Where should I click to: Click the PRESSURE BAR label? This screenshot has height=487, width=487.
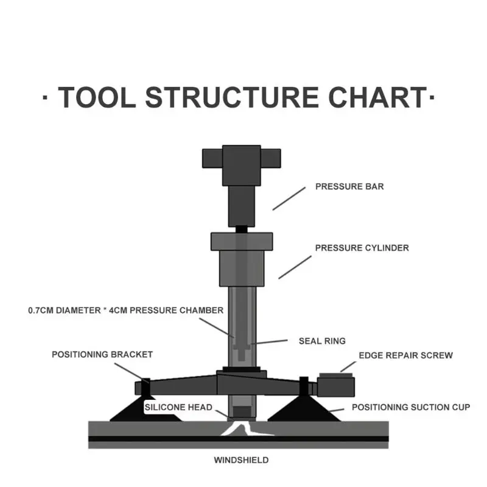click(349, 186)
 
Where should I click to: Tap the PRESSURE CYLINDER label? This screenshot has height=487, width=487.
click(362, 248)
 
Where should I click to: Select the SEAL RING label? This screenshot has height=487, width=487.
click(322, 341)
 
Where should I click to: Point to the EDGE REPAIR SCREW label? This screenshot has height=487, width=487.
click(405, 356)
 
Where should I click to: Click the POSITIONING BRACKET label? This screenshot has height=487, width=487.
click(102, 354)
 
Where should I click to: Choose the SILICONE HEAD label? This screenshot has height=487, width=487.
click(178, 407)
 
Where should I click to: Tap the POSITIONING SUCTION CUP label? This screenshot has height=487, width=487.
click(411, 407)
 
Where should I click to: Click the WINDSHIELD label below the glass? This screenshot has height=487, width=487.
click(241, 460)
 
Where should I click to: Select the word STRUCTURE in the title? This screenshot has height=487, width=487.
click(232, 97)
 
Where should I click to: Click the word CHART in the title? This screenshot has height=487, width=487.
click(377, 97)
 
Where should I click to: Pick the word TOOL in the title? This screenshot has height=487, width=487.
click(97, 97)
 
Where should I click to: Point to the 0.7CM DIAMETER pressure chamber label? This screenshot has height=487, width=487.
click(126, 310)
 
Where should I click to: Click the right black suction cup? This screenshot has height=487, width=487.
click(304, 409)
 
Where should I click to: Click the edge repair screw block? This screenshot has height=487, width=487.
click(336, 385)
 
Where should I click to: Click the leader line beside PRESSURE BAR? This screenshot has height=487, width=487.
click(289, 199)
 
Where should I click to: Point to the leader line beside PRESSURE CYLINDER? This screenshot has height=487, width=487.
click(295, 267)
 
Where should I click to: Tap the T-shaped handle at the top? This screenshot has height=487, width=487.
click(241, 165)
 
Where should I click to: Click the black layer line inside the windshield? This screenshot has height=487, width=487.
click(238, 439)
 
